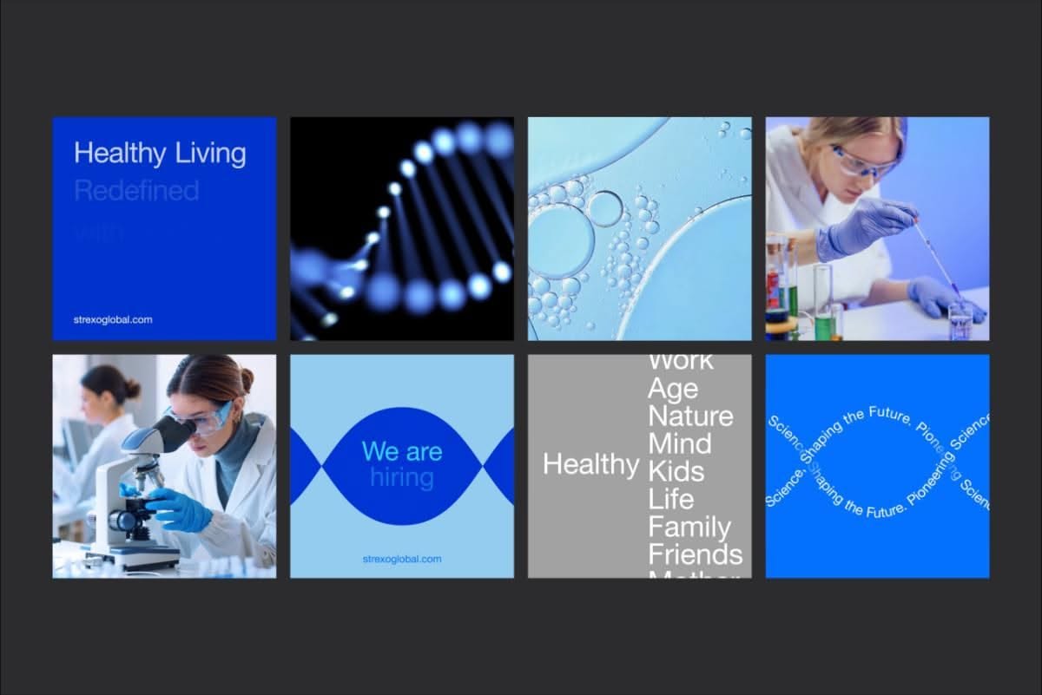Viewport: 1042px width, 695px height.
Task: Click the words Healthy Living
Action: [160, 154]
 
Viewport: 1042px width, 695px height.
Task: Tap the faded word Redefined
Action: [136, 190]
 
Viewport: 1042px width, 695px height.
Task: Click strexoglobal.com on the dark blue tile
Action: [113, 319]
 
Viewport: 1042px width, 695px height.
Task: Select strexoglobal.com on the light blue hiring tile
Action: [401, 559]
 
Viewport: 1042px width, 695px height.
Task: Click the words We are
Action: [401, 451]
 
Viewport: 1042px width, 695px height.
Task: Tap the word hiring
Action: [401, 477]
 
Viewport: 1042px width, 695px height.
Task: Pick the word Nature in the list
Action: [690, 416]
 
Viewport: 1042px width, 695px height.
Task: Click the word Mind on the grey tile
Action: [679, 443]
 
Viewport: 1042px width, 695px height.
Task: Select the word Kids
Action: [676, 471]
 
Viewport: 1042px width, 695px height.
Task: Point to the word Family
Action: [689, 527]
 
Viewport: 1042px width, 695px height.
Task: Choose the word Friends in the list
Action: [695, 554]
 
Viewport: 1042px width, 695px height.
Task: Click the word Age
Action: [672, 388]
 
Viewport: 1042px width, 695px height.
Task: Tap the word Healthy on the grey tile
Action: [590, 464]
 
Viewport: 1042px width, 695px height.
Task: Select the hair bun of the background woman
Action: [131, 388]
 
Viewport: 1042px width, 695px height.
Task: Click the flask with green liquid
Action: [822, 304]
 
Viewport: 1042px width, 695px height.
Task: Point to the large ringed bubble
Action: [604, 208]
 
